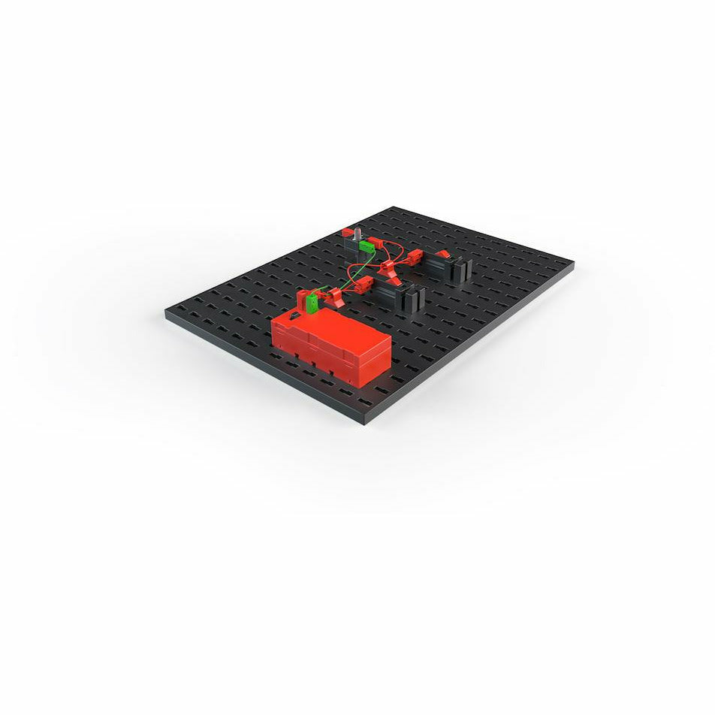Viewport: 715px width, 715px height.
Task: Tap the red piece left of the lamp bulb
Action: coord(347,232)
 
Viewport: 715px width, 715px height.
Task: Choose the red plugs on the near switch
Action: coord(362,284)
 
